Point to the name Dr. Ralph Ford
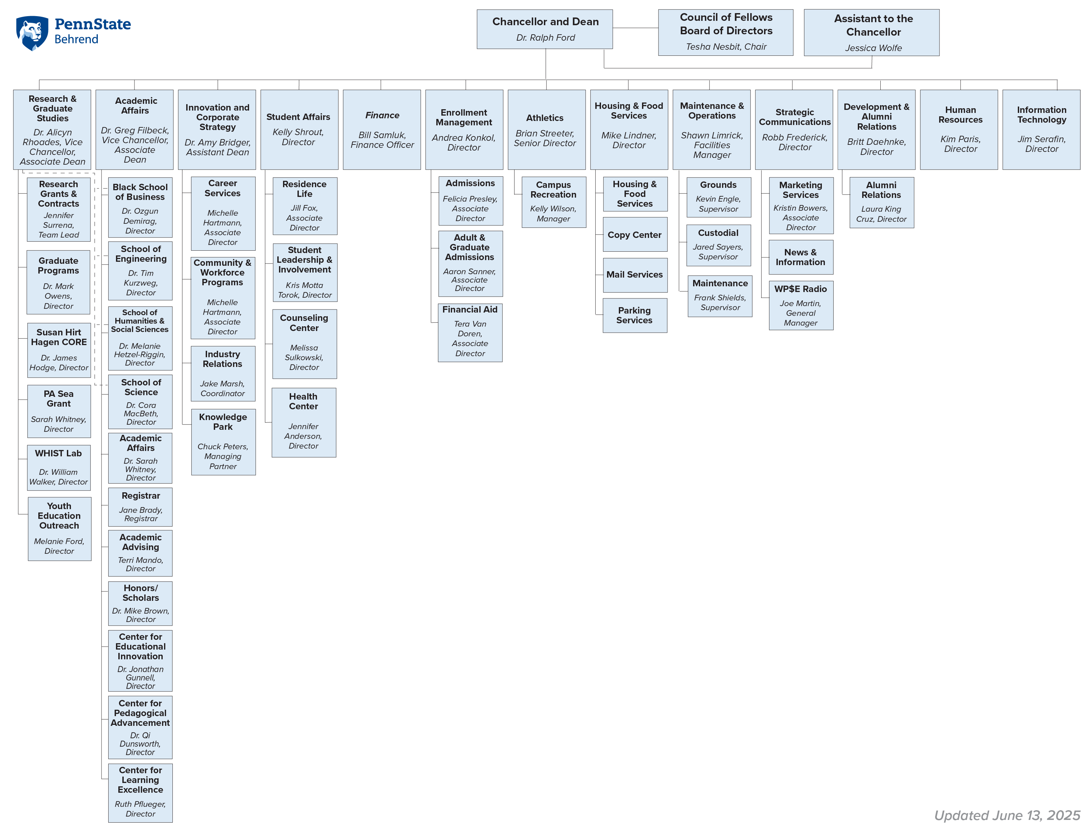click(x=545, y=37)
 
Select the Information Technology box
click(x=1041, y=130)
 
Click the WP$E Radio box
click(x=801, y=305)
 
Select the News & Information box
click(x=801, y=257)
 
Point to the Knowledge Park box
click(x=223, y=442)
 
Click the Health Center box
click(x=304, y=422)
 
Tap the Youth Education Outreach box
click(x=59, y=529)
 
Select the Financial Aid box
click(x=470, y=333)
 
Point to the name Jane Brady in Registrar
click(x=141, y=510)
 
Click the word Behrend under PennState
click(x=76, y=39)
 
